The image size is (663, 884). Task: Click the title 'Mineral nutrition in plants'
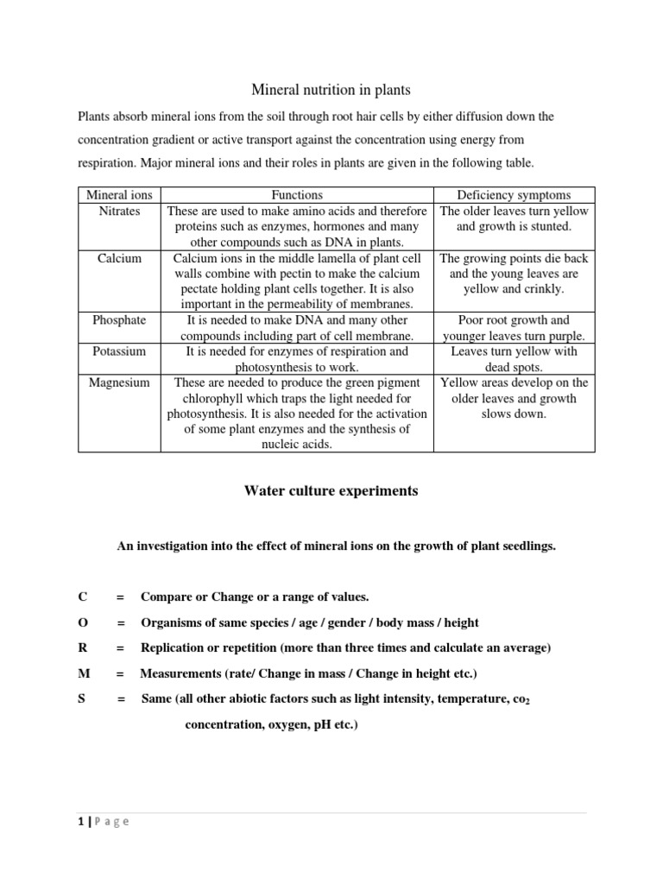tap(331, 89)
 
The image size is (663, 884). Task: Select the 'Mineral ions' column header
tap(119, 195)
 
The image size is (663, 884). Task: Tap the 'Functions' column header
tap(297, 195)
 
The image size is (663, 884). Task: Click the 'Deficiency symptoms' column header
tap(514, 195)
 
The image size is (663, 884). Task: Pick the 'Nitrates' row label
tap(119, 211)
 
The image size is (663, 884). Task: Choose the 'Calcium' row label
tap(119, 257)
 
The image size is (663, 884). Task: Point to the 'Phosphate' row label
tap(119, 319)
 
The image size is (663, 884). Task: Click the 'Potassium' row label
tap(119, 351)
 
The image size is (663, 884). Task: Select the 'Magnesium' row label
tap(119, 382)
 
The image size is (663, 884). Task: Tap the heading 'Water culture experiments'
tap(331, 490)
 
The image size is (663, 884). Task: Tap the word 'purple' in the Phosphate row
tap(565, 336)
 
